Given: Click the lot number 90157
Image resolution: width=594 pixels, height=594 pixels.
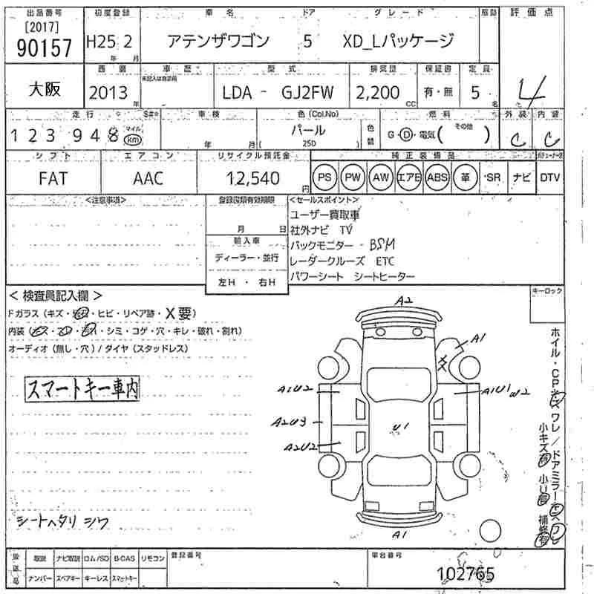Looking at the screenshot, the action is (43, 48).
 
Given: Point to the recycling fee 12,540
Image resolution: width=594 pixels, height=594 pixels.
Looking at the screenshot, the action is (253, 178).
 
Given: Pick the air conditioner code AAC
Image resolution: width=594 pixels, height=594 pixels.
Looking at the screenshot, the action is (148, 178).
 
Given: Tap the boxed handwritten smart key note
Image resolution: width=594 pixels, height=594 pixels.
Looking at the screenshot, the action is (82, 388).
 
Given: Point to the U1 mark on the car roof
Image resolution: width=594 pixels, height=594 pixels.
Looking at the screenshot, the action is (401, 425).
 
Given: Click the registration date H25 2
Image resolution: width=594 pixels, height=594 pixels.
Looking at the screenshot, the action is (109, 42).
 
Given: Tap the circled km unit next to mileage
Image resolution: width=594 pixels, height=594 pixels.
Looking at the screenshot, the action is (132, 140).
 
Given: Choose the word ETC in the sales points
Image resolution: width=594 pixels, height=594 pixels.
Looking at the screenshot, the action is (385, 261).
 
